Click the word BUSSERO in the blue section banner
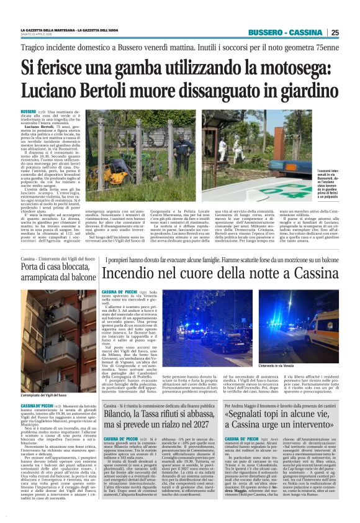(x=267, y=32)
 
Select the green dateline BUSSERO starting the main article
(x=29, y=111)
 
